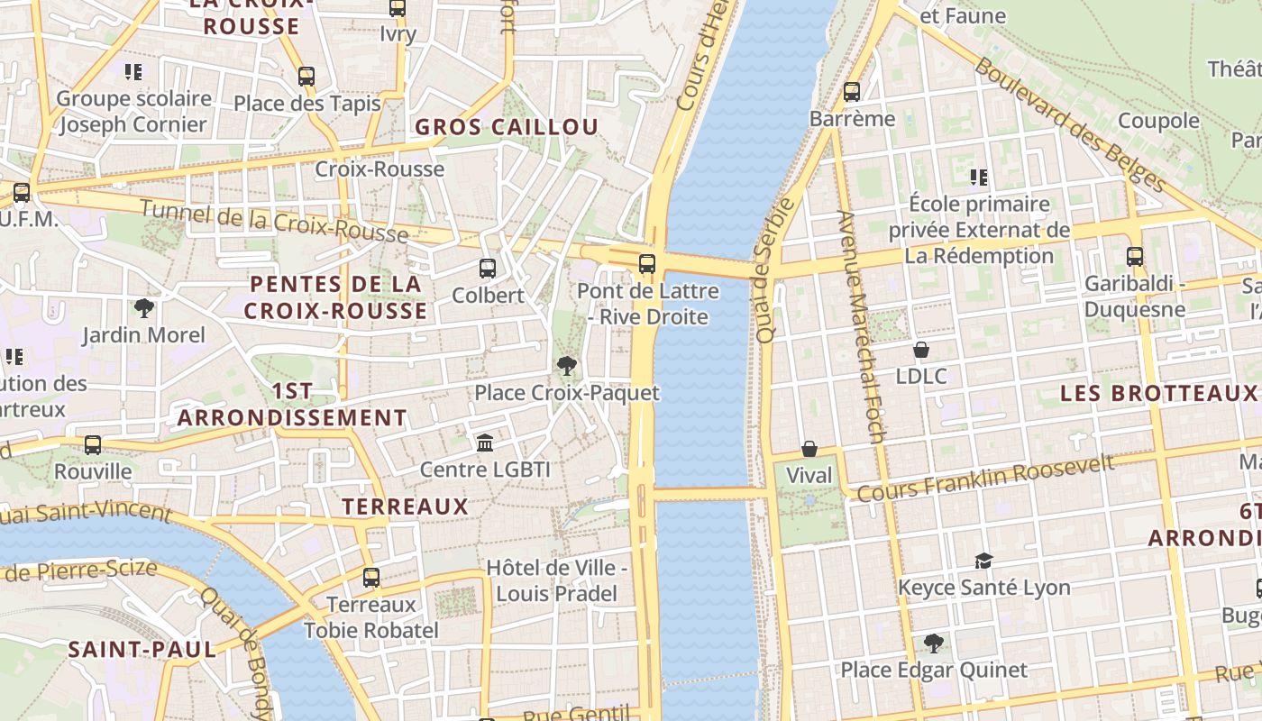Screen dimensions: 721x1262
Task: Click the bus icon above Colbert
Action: pos(488,268)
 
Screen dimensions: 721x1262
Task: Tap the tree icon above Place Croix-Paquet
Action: pos(567,365)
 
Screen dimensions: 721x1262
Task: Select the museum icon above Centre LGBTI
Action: pos(485,443)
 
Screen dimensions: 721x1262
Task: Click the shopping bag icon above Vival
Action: pos(809,448)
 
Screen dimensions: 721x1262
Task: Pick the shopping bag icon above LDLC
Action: pos(921,349)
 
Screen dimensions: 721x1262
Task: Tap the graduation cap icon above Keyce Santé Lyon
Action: pos(983,561)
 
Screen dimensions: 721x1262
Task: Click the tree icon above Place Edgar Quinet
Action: pos(934,643)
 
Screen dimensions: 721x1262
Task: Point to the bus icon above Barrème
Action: pos(852,91)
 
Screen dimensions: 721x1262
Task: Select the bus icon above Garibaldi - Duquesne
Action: pos(1135,256)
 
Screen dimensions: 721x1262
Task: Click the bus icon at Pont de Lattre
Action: pos(647,264)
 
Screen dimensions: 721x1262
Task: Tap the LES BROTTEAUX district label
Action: pos(1157,394)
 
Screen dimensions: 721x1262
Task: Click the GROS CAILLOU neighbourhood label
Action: pos(507,127)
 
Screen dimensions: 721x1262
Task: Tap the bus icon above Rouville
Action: pos(93,444)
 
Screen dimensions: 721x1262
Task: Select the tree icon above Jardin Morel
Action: pos(143,308)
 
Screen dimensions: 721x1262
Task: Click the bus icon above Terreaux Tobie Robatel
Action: pos(371,577)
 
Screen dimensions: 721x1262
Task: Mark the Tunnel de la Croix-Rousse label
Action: pos(275,222)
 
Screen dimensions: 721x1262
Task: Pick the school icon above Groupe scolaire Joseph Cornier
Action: pos(133,71)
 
